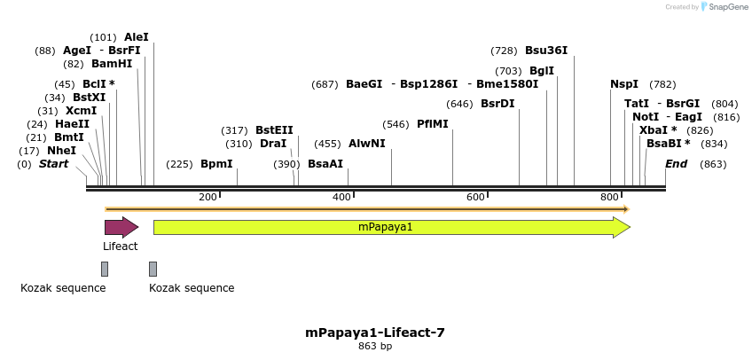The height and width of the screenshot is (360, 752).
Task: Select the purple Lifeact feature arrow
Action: coord(121,227)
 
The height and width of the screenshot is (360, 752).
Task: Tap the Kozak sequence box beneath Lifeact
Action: coord(105,269)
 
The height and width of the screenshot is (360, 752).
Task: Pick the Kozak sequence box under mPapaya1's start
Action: coord(153,269)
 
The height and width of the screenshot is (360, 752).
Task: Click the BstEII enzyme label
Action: coord(274,130)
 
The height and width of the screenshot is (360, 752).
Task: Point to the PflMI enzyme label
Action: coord(433,124)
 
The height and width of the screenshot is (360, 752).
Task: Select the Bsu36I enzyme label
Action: coord(546,51)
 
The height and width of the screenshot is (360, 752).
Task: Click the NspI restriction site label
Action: coord(624,84)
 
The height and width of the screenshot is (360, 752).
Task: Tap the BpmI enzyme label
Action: coord(216,164)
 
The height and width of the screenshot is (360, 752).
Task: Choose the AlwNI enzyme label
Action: coord(367,144)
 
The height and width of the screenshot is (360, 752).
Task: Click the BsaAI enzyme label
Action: coord(325,164)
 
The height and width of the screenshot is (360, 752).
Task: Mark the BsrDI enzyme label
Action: coord(497,104)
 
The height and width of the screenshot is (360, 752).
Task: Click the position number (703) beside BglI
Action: coord(508,71)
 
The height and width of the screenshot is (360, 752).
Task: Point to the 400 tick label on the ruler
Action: coord(342,197)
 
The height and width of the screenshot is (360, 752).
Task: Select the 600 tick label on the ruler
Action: coord(475,197)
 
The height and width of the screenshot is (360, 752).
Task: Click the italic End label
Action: coord(676,164)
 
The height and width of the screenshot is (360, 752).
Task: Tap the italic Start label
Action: coord(53,164)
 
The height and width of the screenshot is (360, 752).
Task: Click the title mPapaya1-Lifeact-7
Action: coord(375,333)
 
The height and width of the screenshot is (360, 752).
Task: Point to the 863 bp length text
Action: coord(375,346)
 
